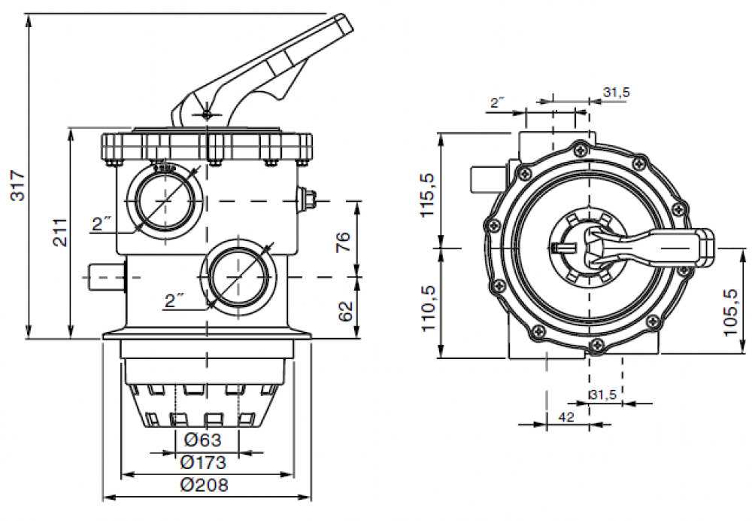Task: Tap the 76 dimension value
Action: click(342, 241)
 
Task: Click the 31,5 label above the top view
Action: click(617, 93)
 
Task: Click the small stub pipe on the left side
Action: click(105, 276)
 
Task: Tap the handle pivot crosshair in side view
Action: click(207, 114)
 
